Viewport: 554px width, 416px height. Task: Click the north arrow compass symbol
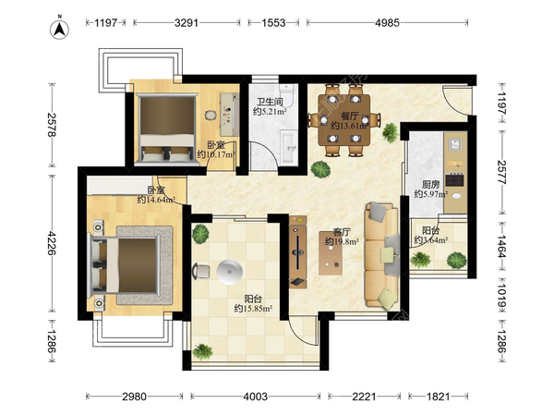tap(59, 29)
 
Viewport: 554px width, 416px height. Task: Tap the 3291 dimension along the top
tap(187, 23)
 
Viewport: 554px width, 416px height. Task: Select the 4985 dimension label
tap(387, 23)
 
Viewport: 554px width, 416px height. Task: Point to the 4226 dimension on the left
tap(52, 243)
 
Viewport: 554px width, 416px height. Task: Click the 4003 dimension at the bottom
tap(255, 397)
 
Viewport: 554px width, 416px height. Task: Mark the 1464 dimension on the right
tap(501, 247)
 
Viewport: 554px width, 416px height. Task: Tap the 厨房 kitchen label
tap(430, 184)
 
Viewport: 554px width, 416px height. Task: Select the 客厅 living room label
tap(342, 232)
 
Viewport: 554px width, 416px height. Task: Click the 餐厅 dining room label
tap(350, 116)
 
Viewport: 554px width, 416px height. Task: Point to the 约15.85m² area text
tap(253, 309)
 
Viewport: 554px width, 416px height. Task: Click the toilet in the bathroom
tap(287, 95)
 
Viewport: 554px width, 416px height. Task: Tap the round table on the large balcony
tap(230, 272)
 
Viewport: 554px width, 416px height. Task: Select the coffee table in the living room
tap(331, 253)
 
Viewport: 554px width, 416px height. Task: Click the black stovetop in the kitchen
tap(454, 179)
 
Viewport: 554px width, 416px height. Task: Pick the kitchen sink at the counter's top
tap(456, 144)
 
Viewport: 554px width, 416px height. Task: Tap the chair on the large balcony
tap(200, 272)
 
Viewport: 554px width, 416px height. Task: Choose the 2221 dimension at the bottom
tap(365, 397)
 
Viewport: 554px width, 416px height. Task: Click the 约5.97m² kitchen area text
tap(431, 194)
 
